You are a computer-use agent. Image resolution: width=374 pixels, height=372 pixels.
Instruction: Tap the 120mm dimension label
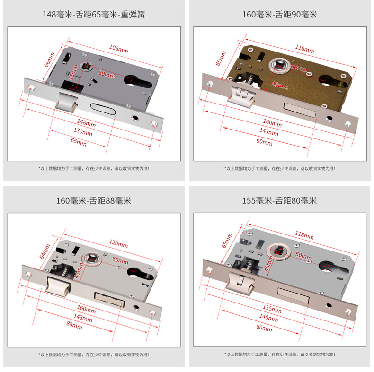click(x=118, y=244)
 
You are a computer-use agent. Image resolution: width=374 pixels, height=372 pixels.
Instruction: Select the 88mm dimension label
click(x=74, y=325)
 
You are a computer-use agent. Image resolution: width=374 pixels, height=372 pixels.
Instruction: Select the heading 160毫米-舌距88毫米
click(x=93, y=201)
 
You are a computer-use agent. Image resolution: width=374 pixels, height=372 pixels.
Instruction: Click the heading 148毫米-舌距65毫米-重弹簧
click(x=93, y=15)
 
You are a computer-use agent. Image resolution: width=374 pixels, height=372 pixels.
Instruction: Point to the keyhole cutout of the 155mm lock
click(x=326, y=268)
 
